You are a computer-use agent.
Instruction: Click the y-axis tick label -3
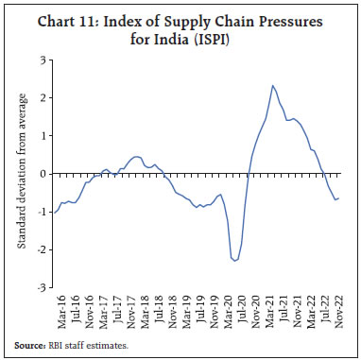tap(41, 287)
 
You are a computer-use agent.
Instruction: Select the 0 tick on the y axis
tap(43, 174)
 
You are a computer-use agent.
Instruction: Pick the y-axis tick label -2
tap(41, 249)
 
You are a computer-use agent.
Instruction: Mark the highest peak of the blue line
tap(272, 86)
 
